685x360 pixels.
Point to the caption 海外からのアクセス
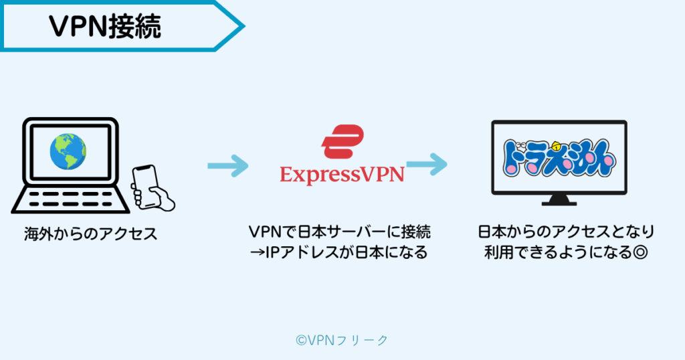pos(90,234)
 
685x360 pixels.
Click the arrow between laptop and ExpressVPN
pos(227,165)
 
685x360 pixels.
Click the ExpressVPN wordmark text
pos(342,175)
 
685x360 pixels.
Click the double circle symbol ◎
pos(643,254)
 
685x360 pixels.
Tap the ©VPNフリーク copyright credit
pos(342,340)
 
